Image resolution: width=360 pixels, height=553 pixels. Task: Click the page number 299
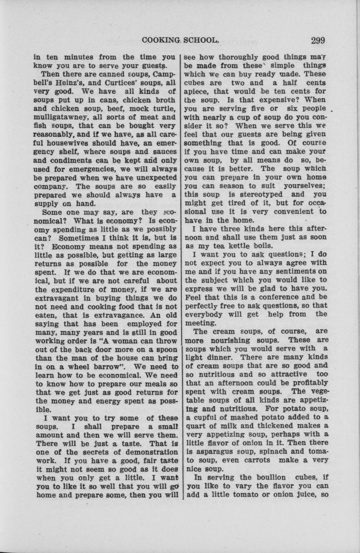pyautogui.click(x=317, y=40)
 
